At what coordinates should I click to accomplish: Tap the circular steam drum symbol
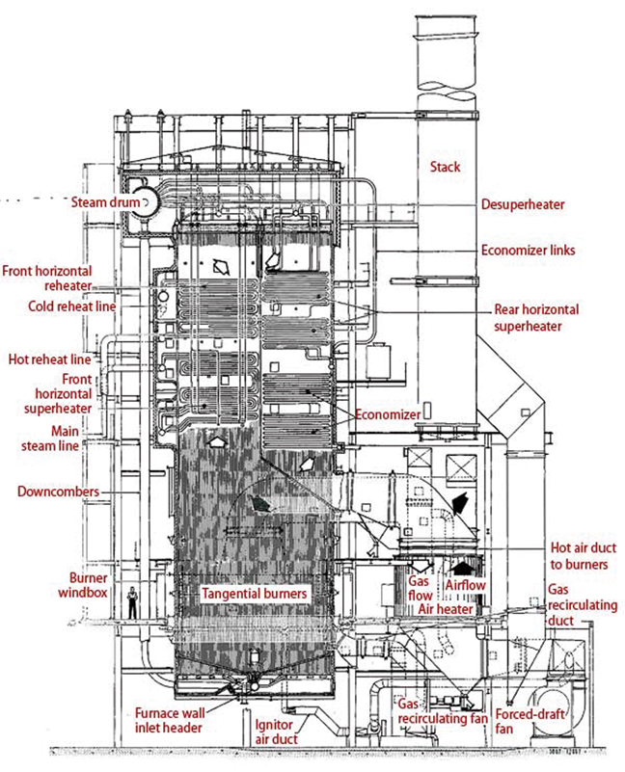(x=149, y=201)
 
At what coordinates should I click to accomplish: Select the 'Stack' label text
(x=446, y=167)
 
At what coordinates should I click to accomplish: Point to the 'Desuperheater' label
(x=523, y=204)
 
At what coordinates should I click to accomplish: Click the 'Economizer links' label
(x=529, y=250)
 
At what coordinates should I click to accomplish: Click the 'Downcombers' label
(x=58, y=492)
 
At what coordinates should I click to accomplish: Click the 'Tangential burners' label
(x=254, y=595)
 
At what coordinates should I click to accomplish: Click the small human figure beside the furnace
(x=132, y=602)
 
